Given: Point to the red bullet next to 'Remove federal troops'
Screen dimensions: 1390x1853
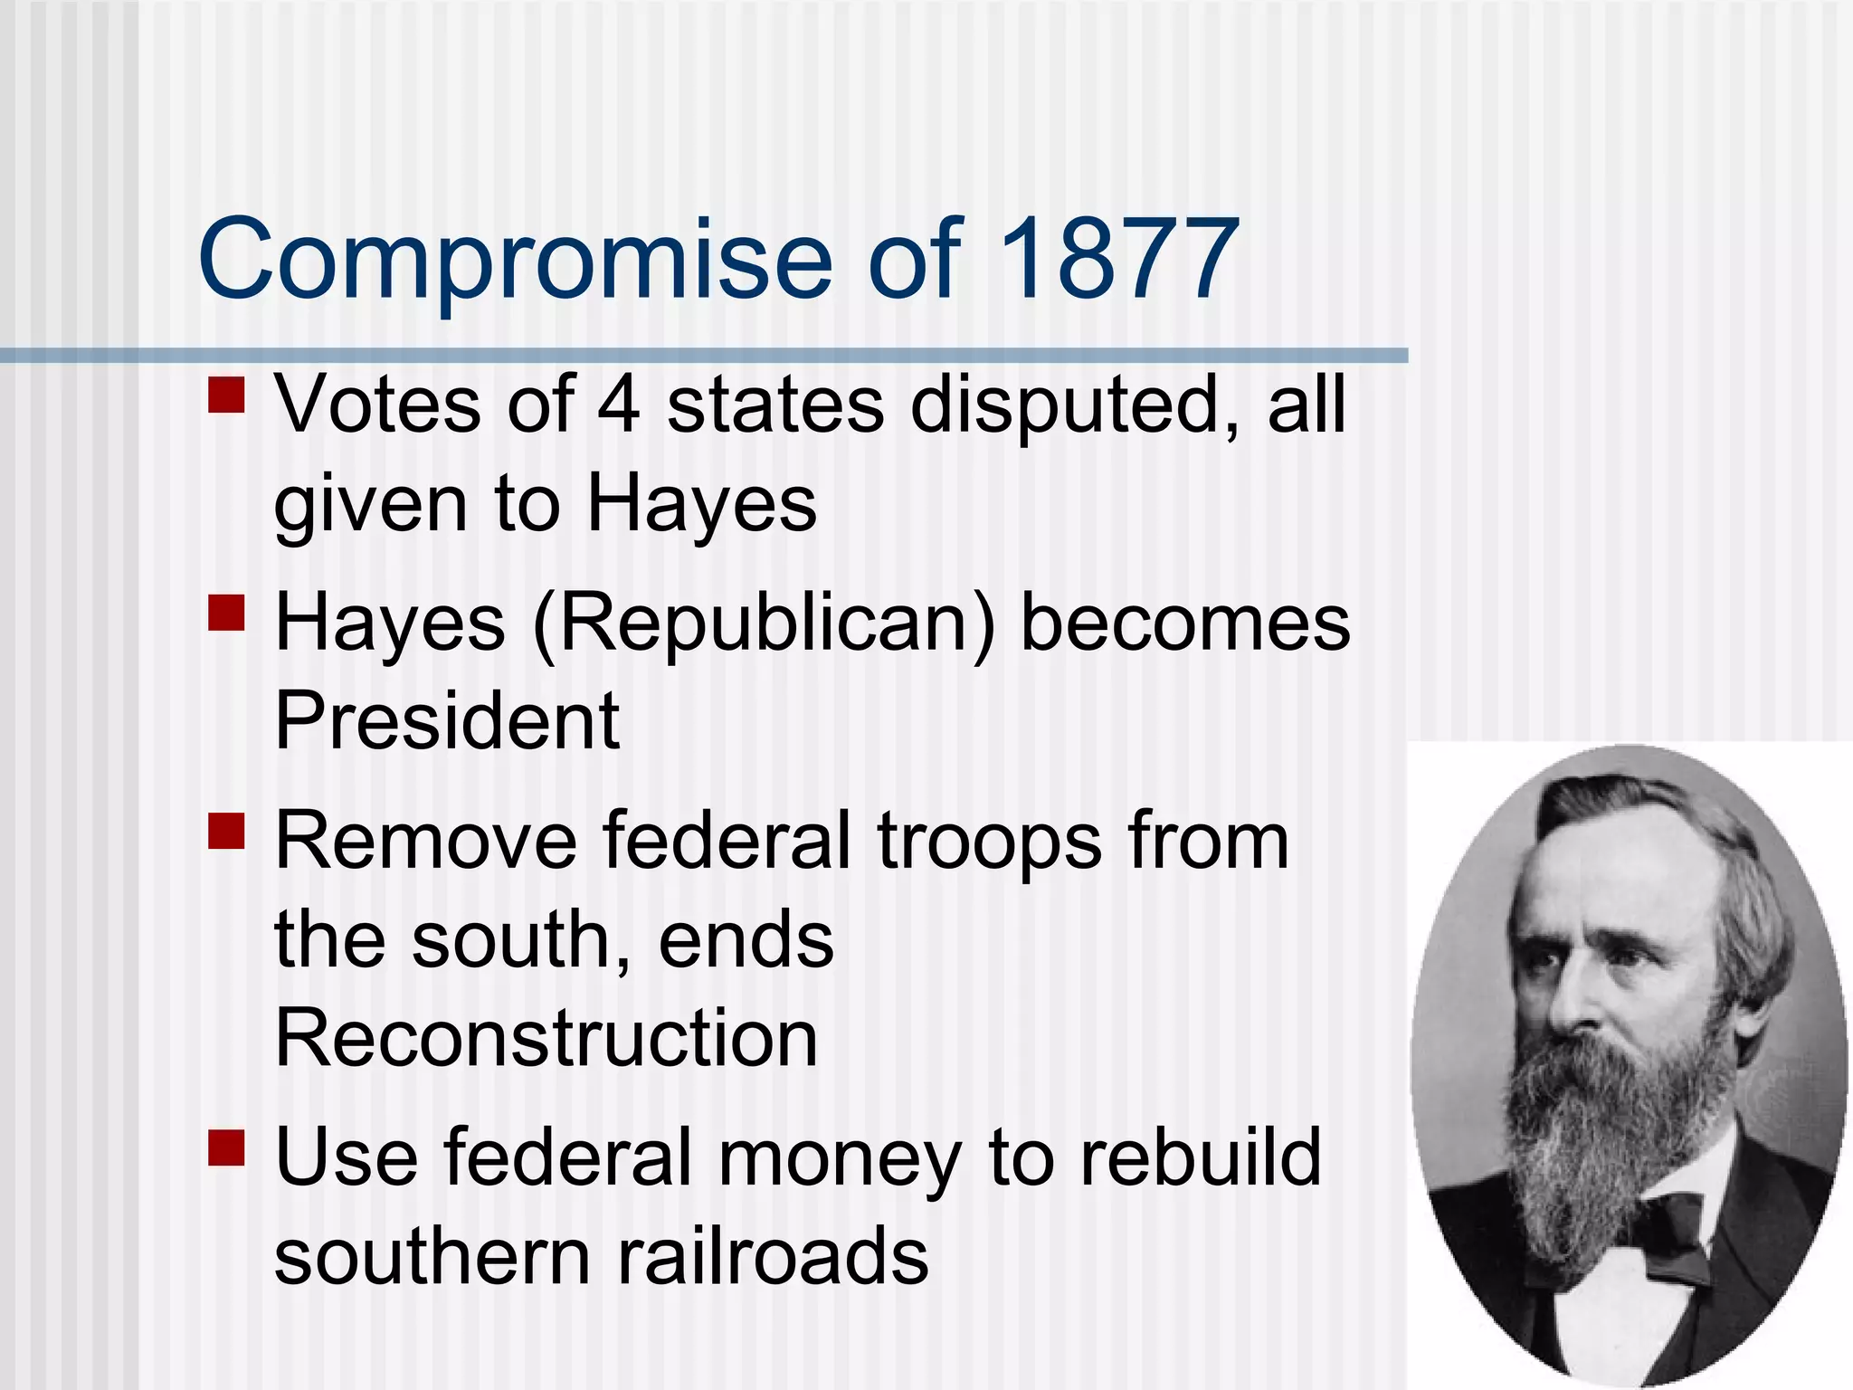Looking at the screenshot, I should coord(226,830).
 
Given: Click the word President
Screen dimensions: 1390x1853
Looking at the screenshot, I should coord(447,720).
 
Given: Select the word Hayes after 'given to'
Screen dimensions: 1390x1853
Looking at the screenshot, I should coord(701,505).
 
